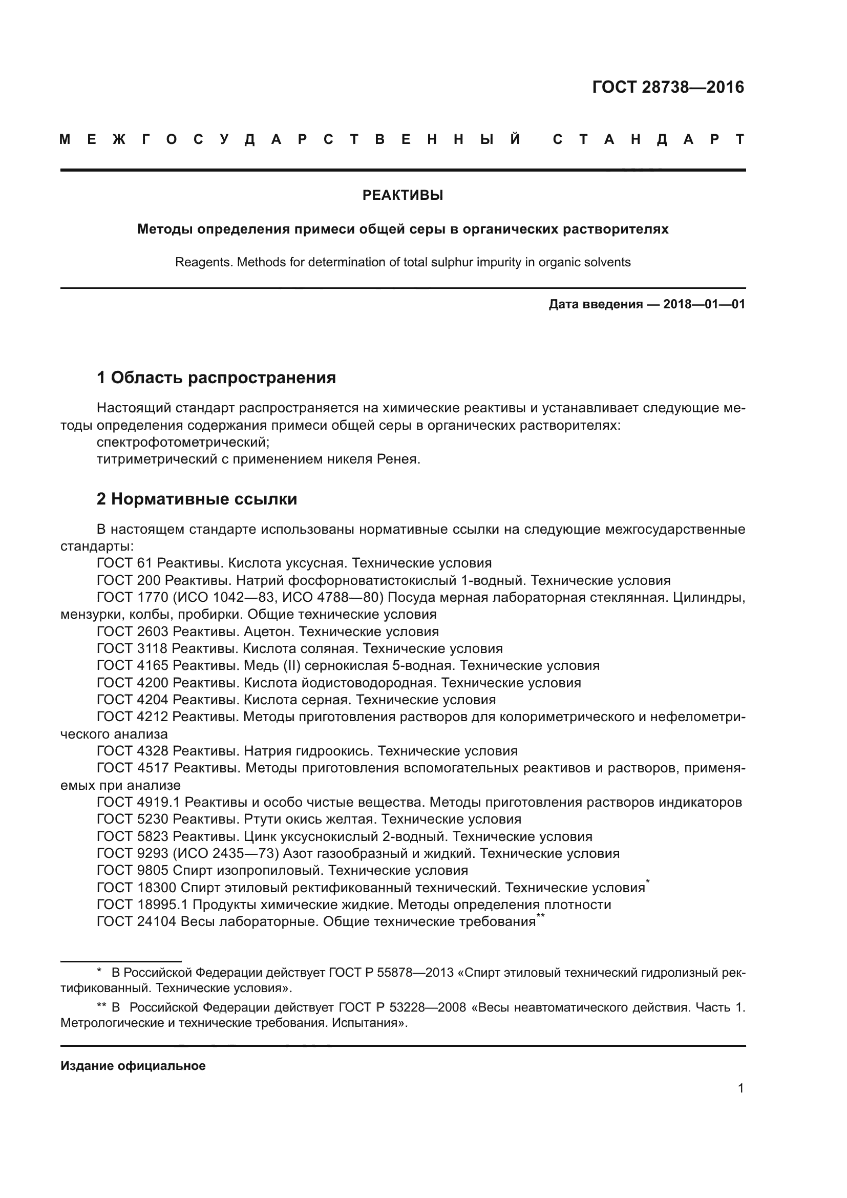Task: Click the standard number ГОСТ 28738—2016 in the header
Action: [x=668, y=87]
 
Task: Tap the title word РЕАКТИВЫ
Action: [x=403, y=196]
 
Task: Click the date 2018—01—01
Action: [x=704, y=304]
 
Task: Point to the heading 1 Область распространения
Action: [x=217, y=377]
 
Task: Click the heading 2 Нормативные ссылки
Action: [x=197, y=499]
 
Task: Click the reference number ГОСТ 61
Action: [x=124, y=563]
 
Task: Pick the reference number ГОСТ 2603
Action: [x=133, y=632]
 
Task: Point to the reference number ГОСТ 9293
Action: [x=133, y=854]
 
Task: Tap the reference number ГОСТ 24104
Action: [x=137, y=921]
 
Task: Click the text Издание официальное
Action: [x=133, y=1066]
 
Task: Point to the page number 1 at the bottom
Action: [x=740, y=1088]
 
